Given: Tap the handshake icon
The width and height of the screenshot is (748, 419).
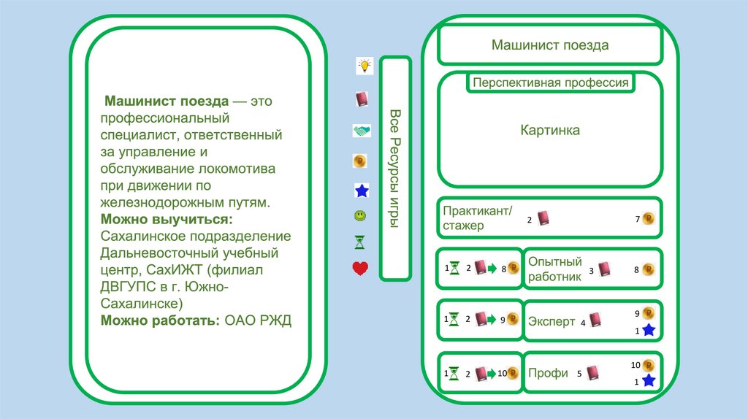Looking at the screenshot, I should coord(362,131).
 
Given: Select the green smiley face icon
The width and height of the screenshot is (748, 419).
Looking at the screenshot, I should coord(360,216).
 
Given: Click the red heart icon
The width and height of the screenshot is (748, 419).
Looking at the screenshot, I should coord(360,269).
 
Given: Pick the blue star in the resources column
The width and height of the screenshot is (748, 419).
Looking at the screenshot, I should coord(361,191).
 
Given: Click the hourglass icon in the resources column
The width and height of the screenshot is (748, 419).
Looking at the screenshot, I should coord(360,242).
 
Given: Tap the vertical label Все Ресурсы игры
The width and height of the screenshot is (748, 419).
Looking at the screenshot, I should coord(395,169).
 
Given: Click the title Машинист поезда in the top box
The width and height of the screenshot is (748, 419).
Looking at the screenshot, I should coord(549,45).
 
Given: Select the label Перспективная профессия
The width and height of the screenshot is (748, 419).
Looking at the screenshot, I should coord(550,82).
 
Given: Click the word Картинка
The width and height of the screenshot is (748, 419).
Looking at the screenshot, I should coord(550,131).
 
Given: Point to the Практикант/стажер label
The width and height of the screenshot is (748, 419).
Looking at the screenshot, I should coord(473,218).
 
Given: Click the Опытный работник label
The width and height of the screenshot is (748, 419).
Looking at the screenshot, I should coord(555,269).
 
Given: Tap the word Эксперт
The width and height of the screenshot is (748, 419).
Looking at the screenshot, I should coord(552,321).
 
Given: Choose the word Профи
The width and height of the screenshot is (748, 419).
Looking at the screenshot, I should coord(548,373).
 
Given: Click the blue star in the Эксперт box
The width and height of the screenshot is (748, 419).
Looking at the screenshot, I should coord(649,331).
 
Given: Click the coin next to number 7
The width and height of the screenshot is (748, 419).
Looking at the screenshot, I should coord(648,218).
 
